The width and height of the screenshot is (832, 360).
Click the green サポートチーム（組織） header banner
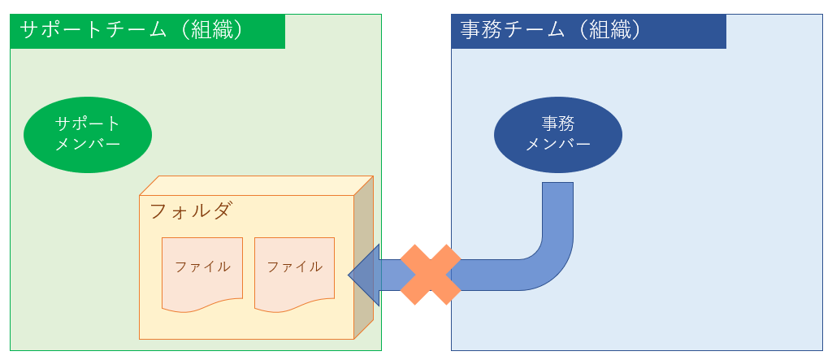[x=147, y=31]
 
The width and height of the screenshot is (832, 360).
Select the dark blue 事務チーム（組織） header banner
[x=588, y=31]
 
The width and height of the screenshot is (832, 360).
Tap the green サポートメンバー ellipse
[x=88, y=134]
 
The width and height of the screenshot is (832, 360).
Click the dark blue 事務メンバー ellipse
[x=558, y=134]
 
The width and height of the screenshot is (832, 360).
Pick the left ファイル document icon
[x=202, y=274]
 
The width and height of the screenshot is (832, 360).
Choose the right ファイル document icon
[x=294, y=274]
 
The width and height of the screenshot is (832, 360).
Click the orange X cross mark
[x=431, y=275]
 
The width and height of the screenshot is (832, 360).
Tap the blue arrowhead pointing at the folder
[x=363, y=275]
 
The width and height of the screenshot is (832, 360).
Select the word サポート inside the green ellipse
[x=88, y=124]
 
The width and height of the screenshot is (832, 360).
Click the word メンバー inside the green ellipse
[x=88, y=145]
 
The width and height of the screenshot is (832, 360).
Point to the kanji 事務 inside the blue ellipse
[x=558, y=124]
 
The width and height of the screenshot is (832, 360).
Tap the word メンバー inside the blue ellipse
[x=558, y=145]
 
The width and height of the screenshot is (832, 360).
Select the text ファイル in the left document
[x=202, y=267]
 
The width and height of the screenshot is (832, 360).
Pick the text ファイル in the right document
[x=294, y=267]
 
